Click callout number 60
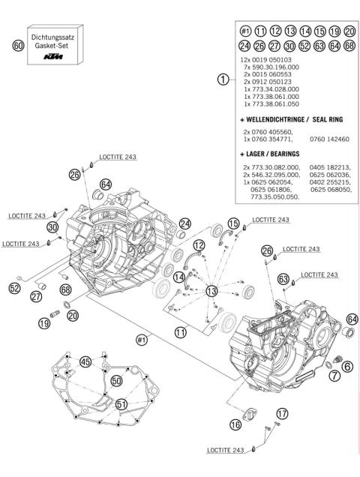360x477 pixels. (19, 46)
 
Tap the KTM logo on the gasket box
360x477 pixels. (52, 56)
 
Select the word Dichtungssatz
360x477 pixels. (52, 36)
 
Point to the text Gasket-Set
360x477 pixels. (52, 45)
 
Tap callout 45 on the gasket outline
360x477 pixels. (85, 361)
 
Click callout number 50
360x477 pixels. (115, 380)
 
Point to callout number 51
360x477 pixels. (122, 404)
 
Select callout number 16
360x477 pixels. (235, 424)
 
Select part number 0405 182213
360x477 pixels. (331, 166)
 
